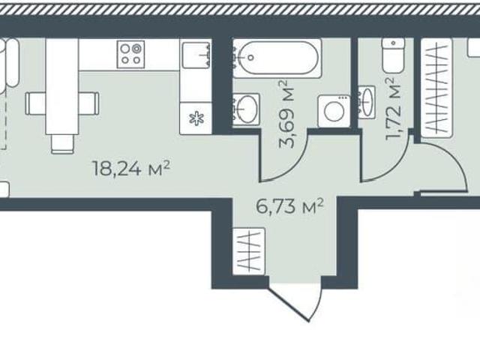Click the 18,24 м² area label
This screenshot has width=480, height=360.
(132, 169)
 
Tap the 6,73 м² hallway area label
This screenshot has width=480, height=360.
(290, 207)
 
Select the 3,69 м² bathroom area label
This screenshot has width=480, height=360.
(287, 114)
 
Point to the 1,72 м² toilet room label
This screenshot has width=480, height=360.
(394, 108)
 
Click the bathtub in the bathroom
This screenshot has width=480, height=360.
(277, 58)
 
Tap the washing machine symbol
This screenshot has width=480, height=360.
(334, 111)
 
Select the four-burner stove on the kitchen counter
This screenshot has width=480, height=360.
(130, 54)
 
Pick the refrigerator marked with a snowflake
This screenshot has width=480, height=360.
(196, 118)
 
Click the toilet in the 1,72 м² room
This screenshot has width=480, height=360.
(393, 55)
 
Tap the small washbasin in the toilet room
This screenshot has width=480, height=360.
(367, 102)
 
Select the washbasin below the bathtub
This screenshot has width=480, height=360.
(246, 109)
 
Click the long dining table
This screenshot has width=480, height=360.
(62, 86)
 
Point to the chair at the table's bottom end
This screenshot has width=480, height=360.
(63, 144)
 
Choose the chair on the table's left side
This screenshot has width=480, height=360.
(35, 103)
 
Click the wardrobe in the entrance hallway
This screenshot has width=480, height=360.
(248, 251)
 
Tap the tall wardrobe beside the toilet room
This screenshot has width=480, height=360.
(436, 88)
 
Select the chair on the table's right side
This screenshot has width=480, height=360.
(88, 103)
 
